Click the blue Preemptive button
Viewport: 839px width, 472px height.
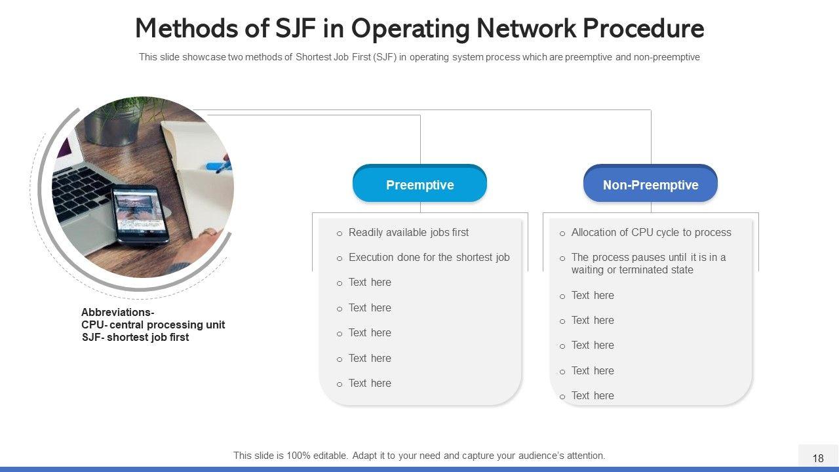(420, 183)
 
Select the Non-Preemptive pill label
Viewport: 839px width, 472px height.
(651, 183)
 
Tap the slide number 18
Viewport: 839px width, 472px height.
(818, 458)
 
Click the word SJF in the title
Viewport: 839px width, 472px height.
(295, 28)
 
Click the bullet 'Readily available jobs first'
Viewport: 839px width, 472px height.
(408, 233)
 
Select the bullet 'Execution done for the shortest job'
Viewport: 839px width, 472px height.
(429, 258)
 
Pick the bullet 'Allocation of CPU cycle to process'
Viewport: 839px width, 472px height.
(651, 233)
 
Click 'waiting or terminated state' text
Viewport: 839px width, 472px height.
(633, 269)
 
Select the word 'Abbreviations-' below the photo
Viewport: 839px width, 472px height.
(117, 312)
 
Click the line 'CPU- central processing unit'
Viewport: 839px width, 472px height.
(153, 324)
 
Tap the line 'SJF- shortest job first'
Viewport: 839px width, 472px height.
(135, 337)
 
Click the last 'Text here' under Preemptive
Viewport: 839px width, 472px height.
(370, 383)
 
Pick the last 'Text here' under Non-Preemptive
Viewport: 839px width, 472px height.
(593, 395)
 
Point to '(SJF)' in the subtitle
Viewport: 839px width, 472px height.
(384, 57)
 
